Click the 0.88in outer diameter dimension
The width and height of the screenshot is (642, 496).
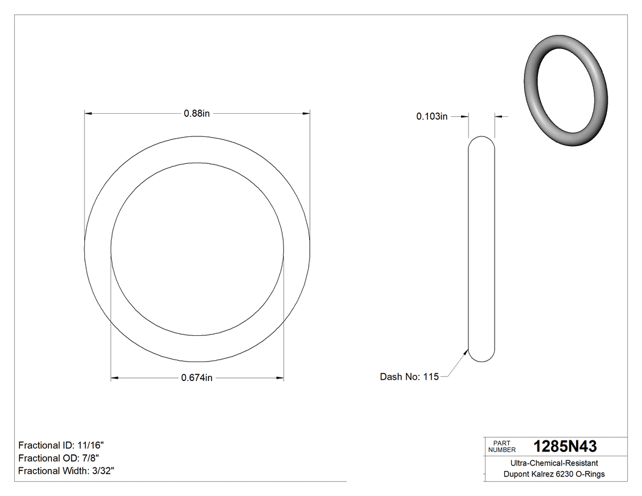(197, 114)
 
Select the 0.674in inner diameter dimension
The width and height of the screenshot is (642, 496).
(197, 378)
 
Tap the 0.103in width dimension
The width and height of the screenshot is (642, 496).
(432, 116)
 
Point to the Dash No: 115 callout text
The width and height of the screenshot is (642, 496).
(409, 377)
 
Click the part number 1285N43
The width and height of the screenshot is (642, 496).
(565, 446)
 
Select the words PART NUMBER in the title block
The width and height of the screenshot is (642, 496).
(501, 446)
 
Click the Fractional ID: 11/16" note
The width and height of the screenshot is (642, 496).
(65, 445)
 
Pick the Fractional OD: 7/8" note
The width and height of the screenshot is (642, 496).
(59, 458)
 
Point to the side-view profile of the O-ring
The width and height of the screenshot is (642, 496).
(482, 250)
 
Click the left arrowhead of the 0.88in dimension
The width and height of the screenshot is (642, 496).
(88, 114)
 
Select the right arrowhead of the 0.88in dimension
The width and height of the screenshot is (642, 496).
(306, 114)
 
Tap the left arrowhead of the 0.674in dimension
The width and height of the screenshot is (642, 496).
(114, 378)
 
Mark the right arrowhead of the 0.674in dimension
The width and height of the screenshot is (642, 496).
(280, 378)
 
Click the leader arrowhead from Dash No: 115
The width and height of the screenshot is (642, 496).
(466, 353)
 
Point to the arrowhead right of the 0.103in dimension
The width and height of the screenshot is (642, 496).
(498, 116)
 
